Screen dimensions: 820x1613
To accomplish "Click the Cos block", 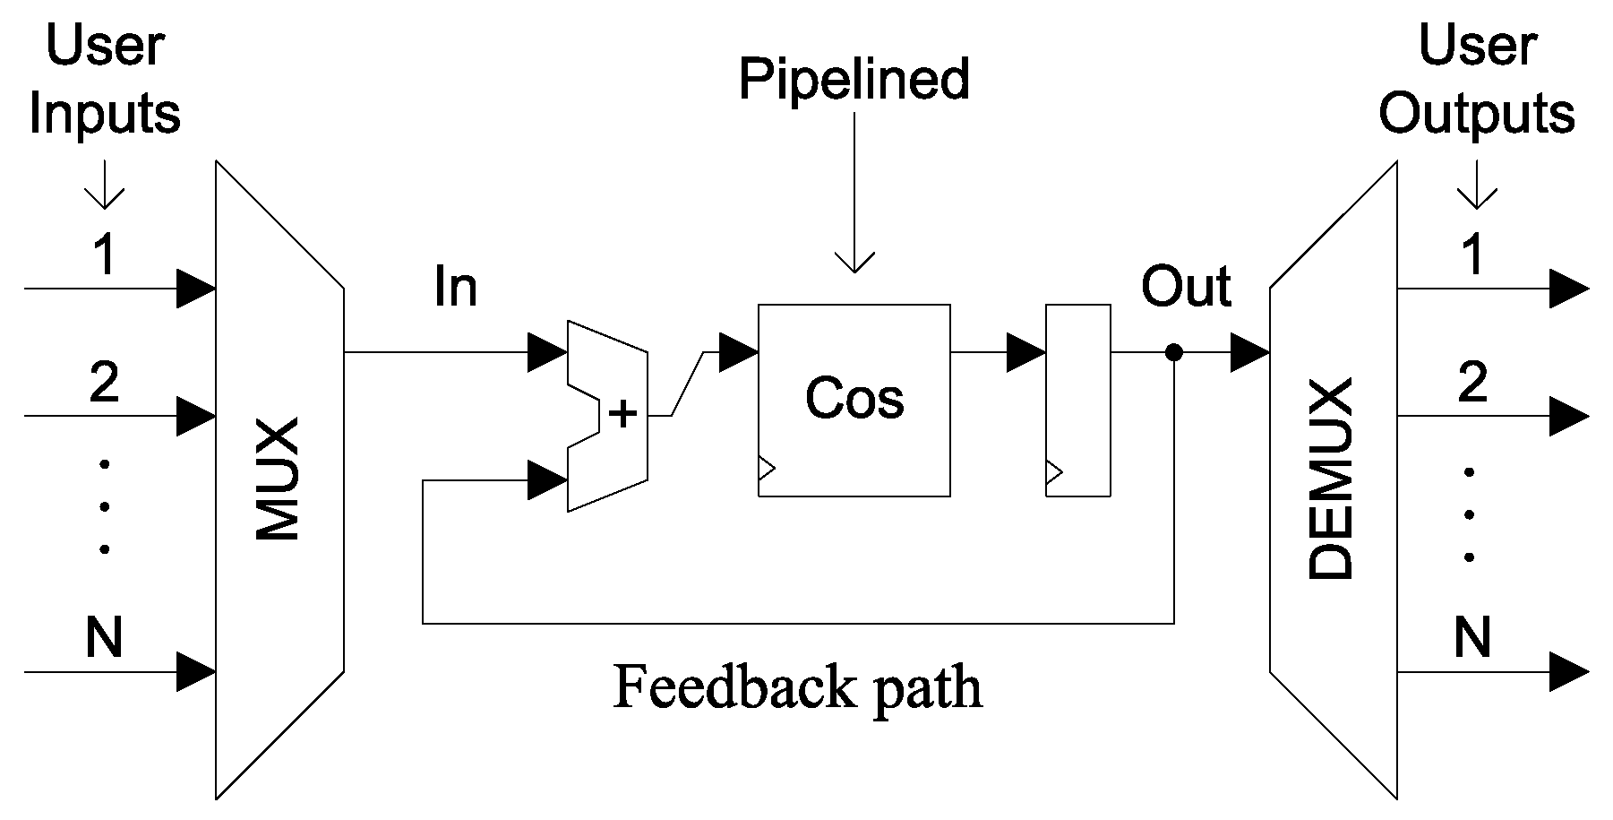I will pyautogui.click(x=854, y=400).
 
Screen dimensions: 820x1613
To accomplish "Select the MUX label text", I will pyautogui.click(x=278, y=479).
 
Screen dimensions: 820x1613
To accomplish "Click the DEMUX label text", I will pyautogui.click(x=1331, y=479).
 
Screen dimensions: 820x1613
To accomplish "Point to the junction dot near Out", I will pyautogui.click(x=1173, y=353).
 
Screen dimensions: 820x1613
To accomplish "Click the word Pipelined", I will pyautogui.click(x=854, y=79).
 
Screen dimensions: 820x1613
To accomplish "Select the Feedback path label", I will pyautogui.click(x=797, y=688).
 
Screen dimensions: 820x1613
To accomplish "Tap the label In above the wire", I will pyautogui.click(x=455, y=288).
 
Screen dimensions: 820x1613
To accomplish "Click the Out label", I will pyautogui.click(x=1185, y=288).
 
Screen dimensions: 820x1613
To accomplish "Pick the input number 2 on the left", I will pyautogui.click(x=105, y=383).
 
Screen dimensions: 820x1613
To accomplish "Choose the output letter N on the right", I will pyautogui.click(x=1471, y=638).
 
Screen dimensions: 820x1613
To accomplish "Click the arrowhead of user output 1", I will pyautogui.click(x=1569, y=289).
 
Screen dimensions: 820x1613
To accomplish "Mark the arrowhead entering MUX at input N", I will pyautogui.click(x=196, y=671).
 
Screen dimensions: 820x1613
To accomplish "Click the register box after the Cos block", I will pyautogui.click(x=1078, y=400).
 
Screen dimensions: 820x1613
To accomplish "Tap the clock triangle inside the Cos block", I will pyautogui.click(x=767, y=468).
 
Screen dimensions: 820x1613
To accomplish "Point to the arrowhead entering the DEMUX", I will pyautogui.click(x=1249, y=353).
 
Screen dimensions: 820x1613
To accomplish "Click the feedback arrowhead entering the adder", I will pyautogui.click(x=546, y=481).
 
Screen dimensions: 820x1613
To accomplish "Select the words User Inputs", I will pyautogui.click(x=105, y=81).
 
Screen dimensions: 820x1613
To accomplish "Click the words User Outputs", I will pyautogui.click(x=1476, y=81).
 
